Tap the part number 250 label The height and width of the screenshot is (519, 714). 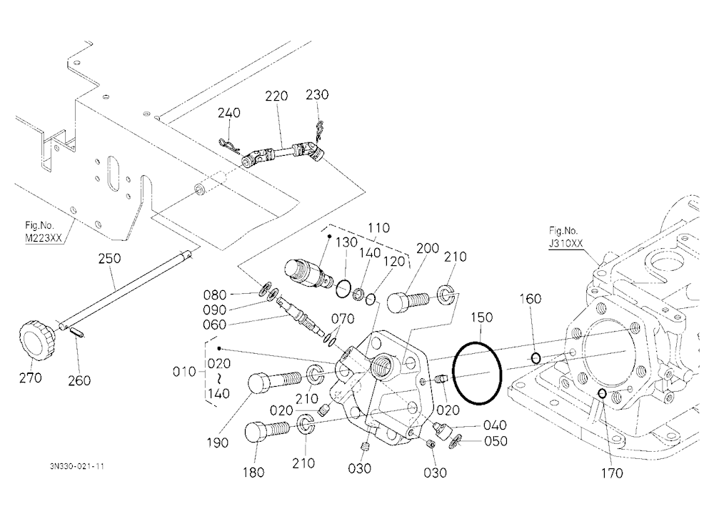[x=110, y=259]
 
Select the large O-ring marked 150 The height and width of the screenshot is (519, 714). [x=477, y=373]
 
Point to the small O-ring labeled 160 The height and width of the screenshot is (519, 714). [x=536, y=358]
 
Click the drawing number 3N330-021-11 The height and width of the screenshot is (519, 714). [x=77, y=467]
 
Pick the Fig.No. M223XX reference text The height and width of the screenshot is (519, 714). [x=44, y=232]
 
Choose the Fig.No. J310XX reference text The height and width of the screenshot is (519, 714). [x=565, y=237]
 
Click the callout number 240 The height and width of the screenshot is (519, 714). [x=228, y=113]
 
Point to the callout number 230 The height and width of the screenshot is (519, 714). [x=317, y=95]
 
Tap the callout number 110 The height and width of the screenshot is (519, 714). [x=378, y=228]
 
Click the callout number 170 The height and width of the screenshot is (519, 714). [x=612, y=473]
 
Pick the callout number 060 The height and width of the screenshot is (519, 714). [x=214, y=325]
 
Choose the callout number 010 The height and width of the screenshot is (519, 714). [x=184, y=372]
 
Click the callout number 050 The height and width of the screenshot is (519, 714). [x=496, y=442]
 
